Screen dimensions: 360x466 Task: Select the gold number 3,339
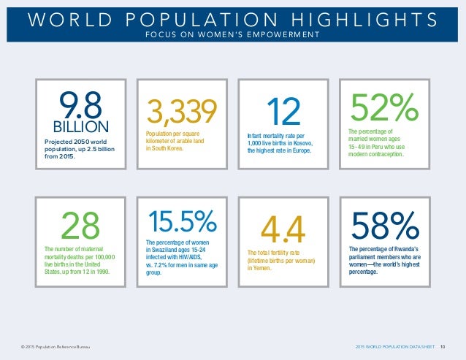coord(182,112)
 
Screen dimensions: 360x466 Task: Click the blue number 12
coord(283,112)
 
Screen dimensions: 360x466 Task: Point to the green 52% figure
coord(384,109)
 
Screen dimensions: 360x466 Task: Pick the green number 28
coord(80,226)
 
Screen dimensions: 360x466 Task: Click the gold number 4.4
coord(283,228)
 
